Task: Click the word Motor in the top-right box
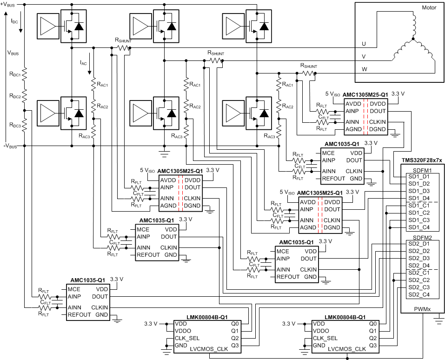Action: coord(428,8)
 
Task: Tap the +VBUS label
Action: coord(9,4)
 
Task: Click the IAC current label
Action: coord(83,62)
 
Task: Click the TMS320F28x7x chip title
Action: coord(421,160)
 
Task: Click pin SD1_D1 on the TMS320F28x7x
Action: coord(418,177)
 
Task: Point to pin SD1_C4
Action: coord(418,227)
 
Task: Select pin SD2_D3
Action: coord(418,258)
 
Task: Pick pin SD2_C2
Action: coord(418,280)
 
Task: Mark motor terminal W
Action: coord(364,69)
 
